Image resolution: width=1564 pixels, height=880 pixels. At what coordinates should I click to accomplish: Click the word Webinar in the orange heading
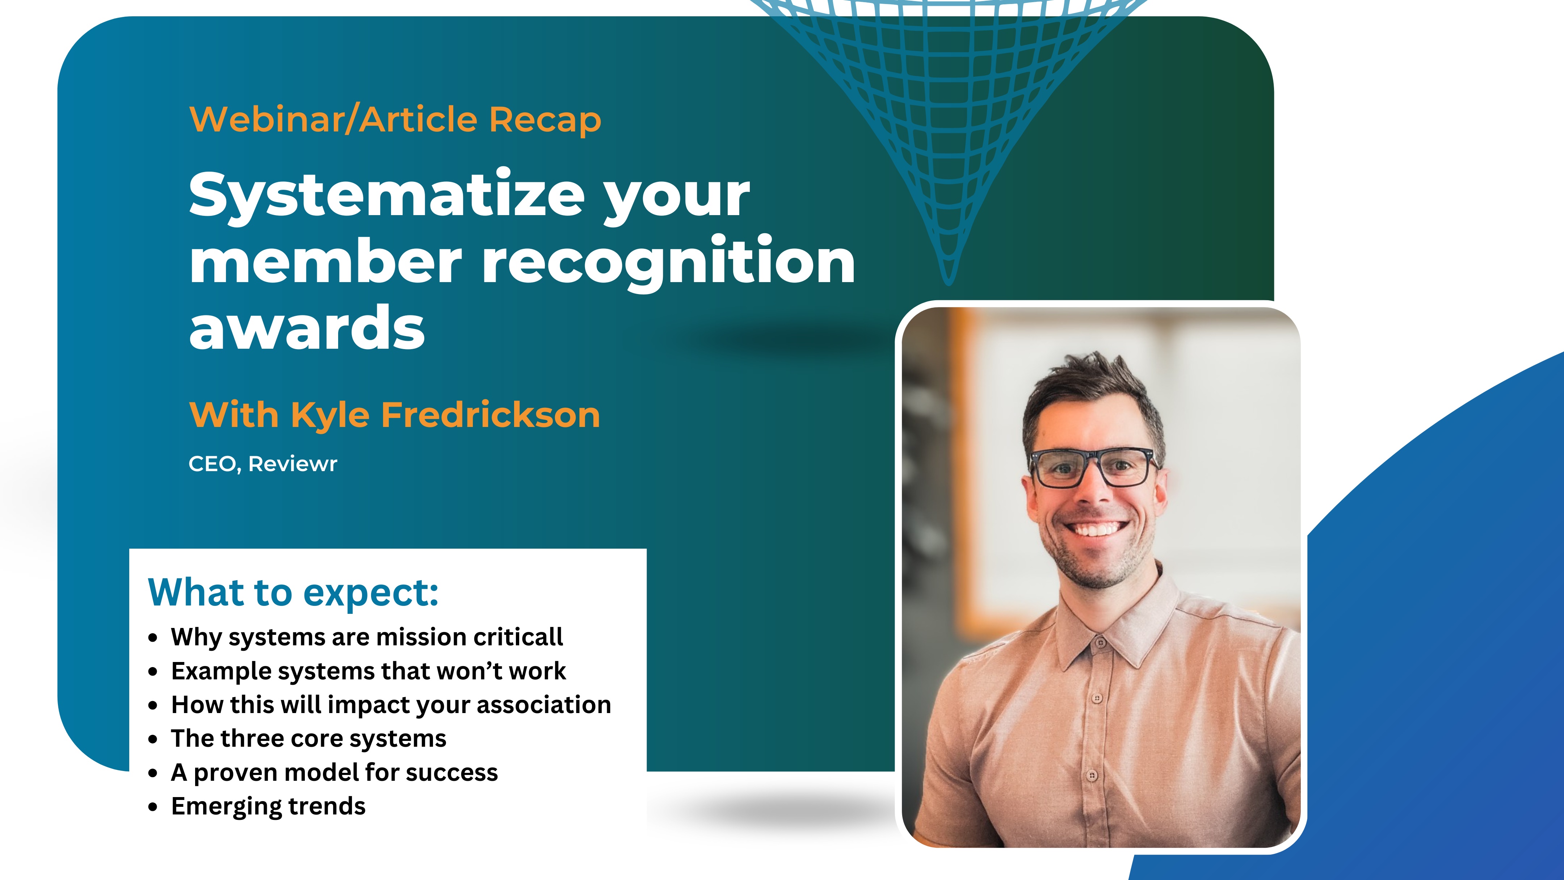266,119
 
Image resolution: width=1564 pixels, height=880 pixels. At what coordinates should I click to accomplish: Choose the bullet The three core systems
308,738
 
